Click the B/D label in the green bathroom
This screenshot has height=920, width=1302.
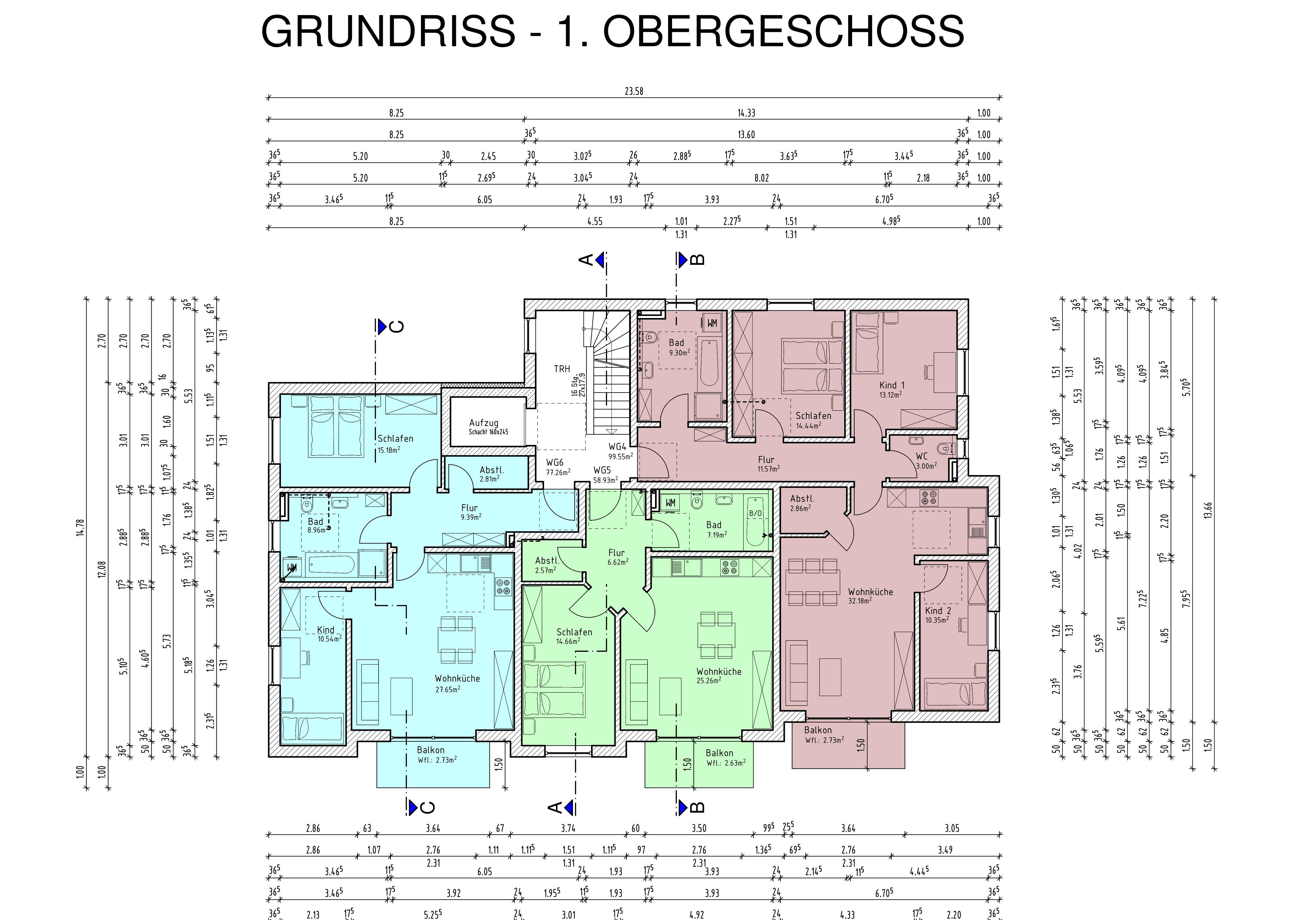755,514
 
